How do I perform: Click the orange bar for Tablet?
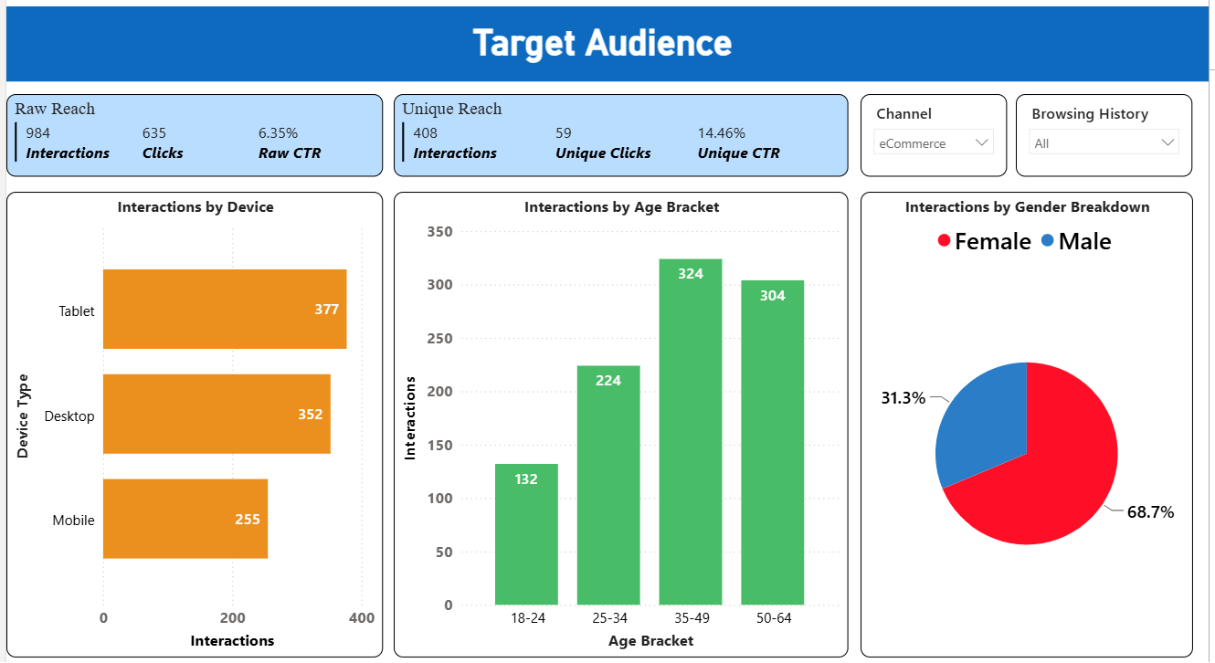tap(225, 309)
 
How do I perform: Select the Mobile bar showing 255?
tap(185, 519)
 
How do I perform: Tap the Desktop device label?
tap(69, 416)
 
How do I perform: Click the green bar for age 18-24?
tap(526, 534)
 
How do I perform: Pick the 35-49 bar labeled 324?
tap(691, 432)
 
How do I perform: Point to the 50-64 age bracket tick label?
tap(774, 618)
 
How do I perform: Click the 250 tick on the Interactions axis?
tap(439, 338)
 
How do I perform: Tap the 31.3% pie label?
tap(903, 398)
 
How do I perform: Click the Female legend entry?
tap(985, 241)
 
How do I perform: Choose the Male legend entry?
tap(1077, 241)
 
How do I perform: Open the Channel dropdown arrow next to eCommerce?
tap(981, 142)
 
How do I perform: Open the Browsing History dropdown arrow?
tap(1167, 142)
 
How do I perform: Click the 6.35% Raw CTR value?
tap(278, 132)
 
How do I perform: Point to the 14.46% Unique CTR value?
tap(722, 132)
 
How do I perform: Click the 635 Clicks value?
tap(154, 132)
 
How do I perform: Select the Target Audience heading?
tap(602, 43)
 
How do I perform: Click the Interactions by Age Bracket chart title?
tap(621, 207)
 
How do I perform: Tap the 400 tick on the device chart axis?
tap(362, 618)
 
